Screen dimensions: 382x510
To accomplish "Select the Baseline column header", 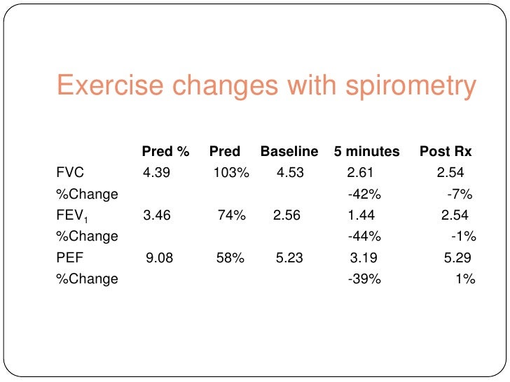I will point(289,151).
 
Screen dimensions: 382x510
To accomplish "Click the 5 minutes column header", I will point(367,151).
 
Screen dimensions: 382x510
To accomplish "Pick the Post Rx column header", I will point(446,151).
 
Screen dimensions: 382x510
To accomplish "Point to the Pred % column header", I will point(166,151).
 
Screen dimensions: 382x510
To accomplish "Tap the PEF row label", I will point(70,258).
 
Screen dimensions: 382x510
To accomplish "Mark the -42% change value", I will point(364,194).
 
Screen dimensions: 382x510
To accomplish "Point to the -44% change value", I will point(364,236).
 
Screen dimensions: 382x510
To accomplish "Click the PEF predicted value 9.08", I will point(160,258).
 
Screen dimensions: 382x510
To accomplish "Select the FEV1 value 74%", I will point(231,215).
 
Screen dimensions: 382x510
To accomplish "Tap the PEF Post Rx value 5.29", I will point(458,258).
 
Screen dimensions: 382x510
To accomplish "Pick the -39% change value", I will point(364,279).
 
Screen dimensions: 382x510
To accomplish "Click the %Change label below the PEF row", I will point(87,279).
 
